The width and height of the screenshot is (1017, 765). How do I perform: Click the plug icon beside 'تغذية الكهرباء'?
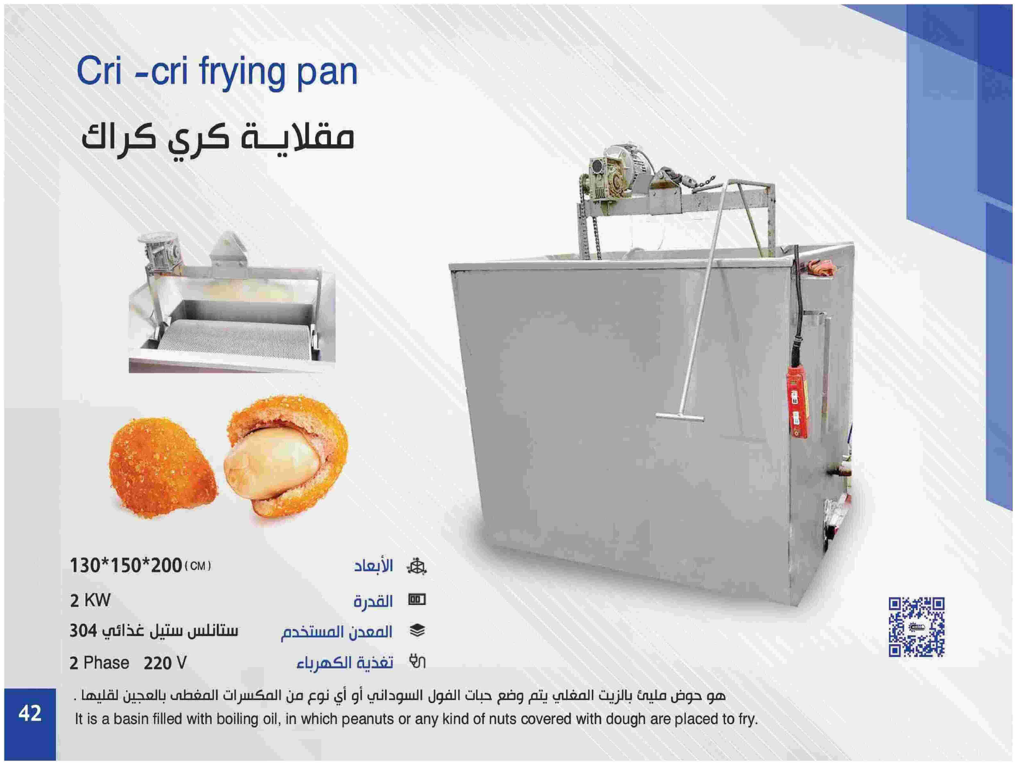pyautogui.click(x=417, y=662)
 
